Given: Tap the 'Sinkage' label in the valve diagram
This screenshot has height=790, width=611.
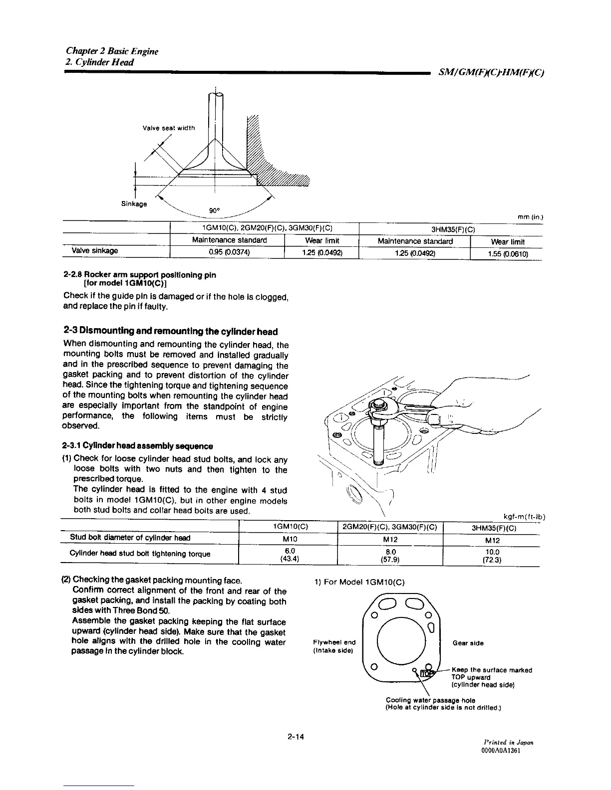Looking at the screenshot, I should [134, 203].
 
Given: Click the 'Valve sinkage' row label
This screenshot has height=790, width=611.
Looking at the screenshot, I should [95, 250].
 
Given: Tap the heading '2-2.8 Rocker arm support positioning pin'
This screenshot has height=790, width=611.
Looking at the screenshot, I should [140, 275].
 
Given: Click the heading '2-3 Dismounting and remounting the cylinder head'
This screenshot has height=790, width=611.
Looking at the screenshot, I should [171, 332].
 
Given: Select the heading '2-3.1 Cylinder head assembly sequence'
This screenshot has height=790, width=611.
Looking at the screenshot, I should [138, 445].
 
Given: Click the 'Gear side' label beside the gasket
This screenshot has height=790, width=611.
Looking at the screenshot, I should [468, 643].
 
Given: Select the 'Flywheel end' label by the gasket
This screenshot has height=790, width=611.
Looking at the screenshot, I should [334, 642].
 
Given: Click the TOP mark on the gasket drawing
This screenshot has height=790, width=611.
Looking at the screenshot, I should [427, 674].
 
